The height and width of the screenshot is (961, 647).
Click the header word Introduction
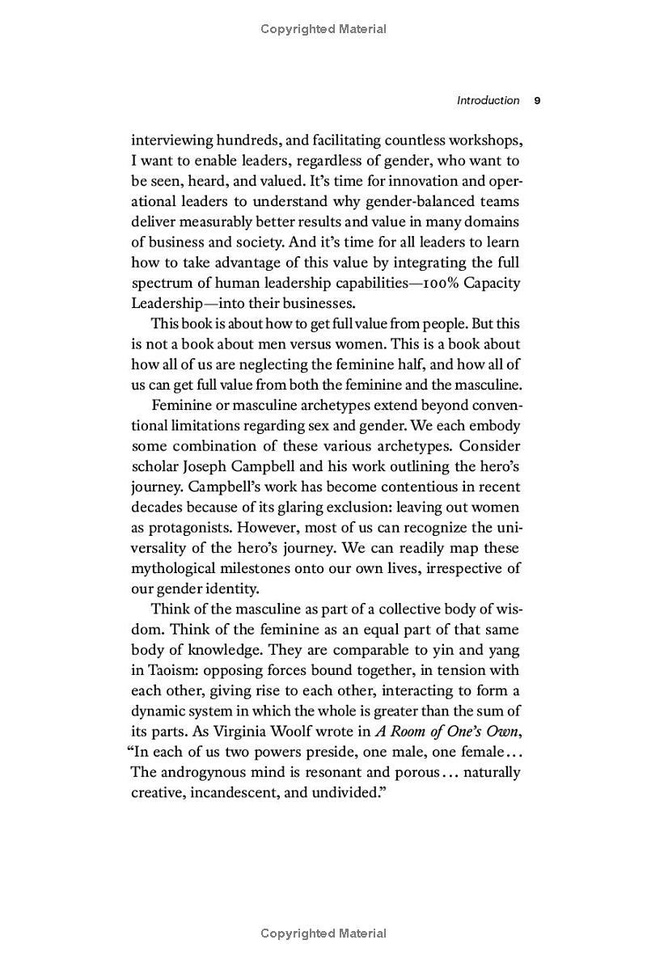(x=488, y=100)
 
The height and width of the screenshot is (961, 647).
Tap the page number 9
(x=537, y=100)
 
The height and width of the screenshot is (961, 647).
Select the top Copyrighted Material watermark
(x=323, y=29)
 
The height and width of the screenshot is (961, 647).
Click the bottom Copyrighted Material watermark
(x=323, y=934)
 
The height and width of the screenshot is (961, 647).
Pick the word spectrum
(x=160, y=283)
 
